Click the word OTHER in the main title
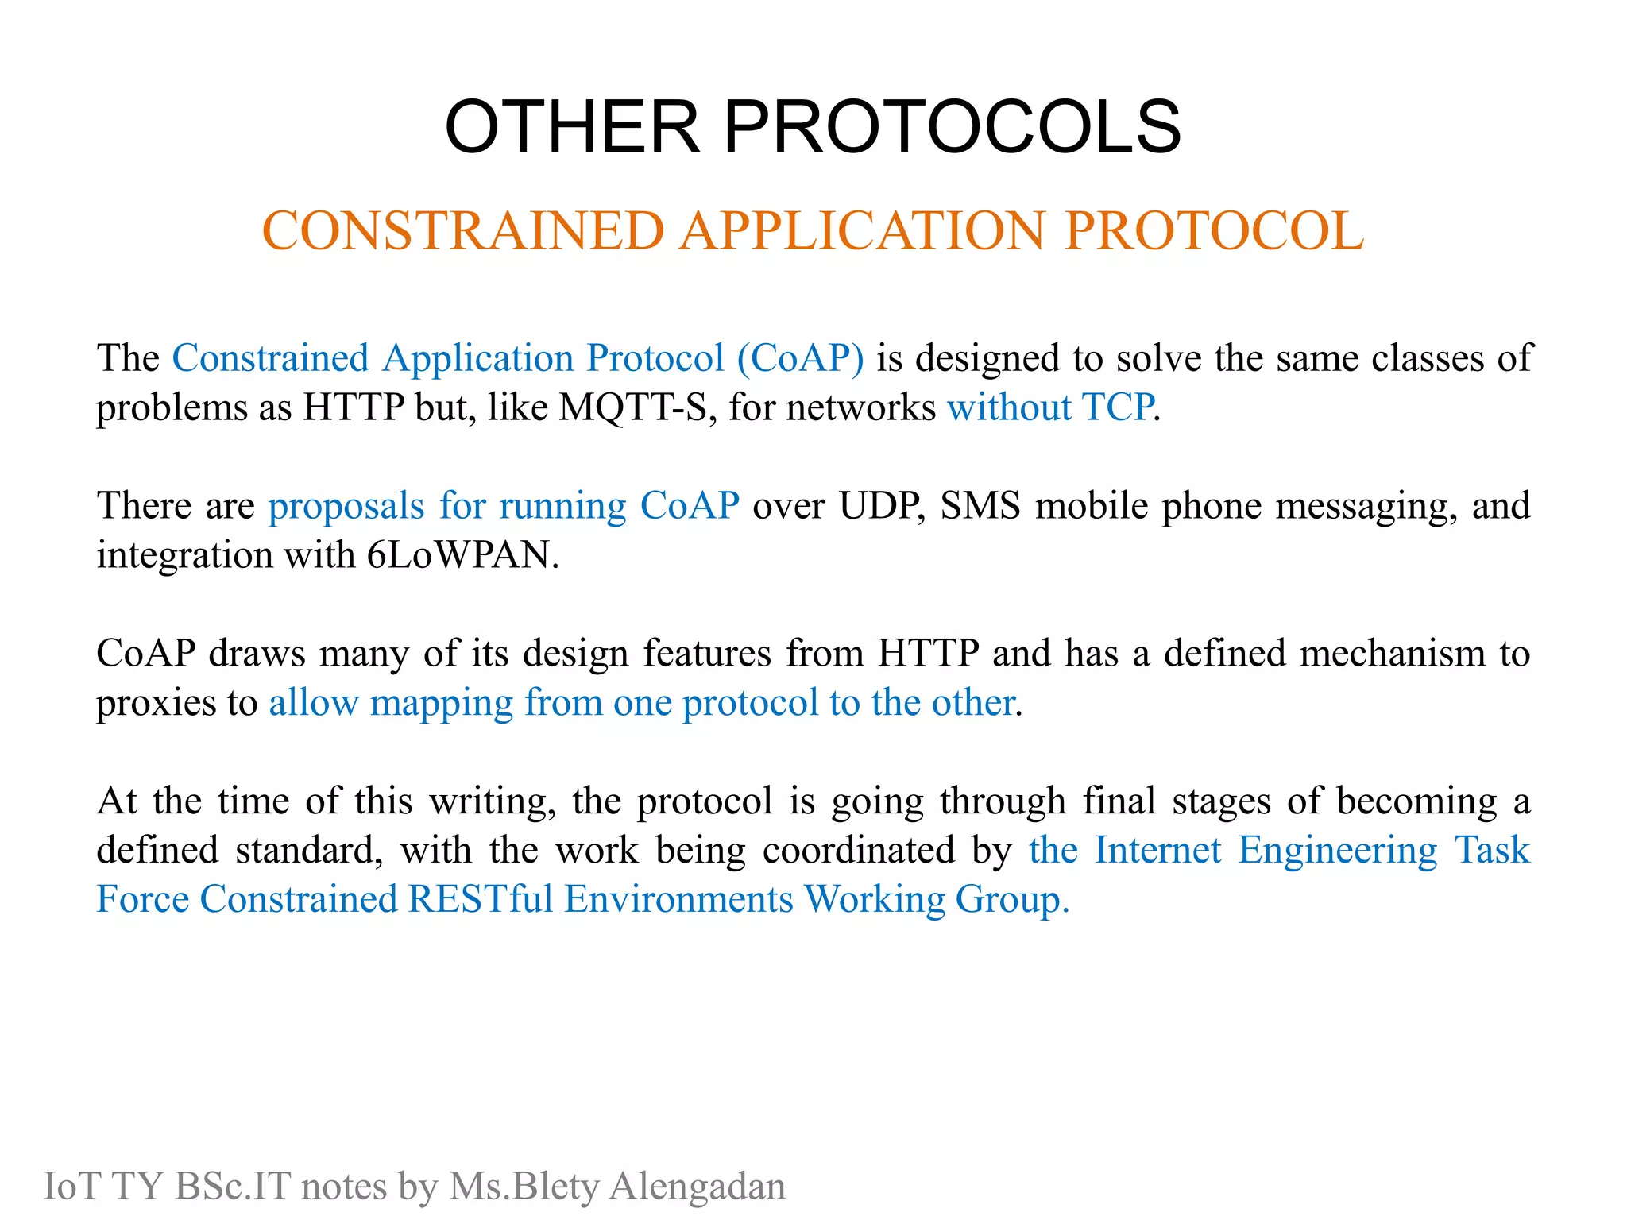[572, 127]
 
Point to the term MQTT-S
[632, 407]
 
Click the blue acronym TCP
[1119, 407]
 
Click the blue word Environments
[678, 899]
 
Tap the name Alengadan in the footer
[697, 1187]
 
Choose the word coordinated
[858, 850]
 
